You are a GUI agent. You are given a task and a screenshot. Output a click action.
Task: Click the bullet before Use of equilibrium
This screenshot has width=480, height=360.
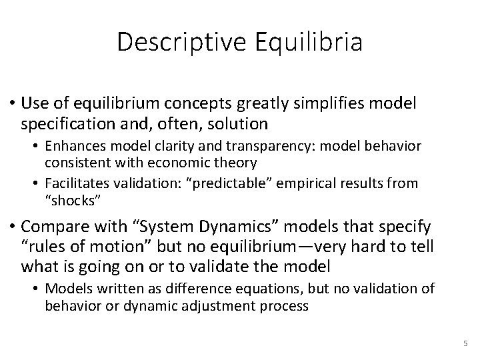point(13,105)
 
